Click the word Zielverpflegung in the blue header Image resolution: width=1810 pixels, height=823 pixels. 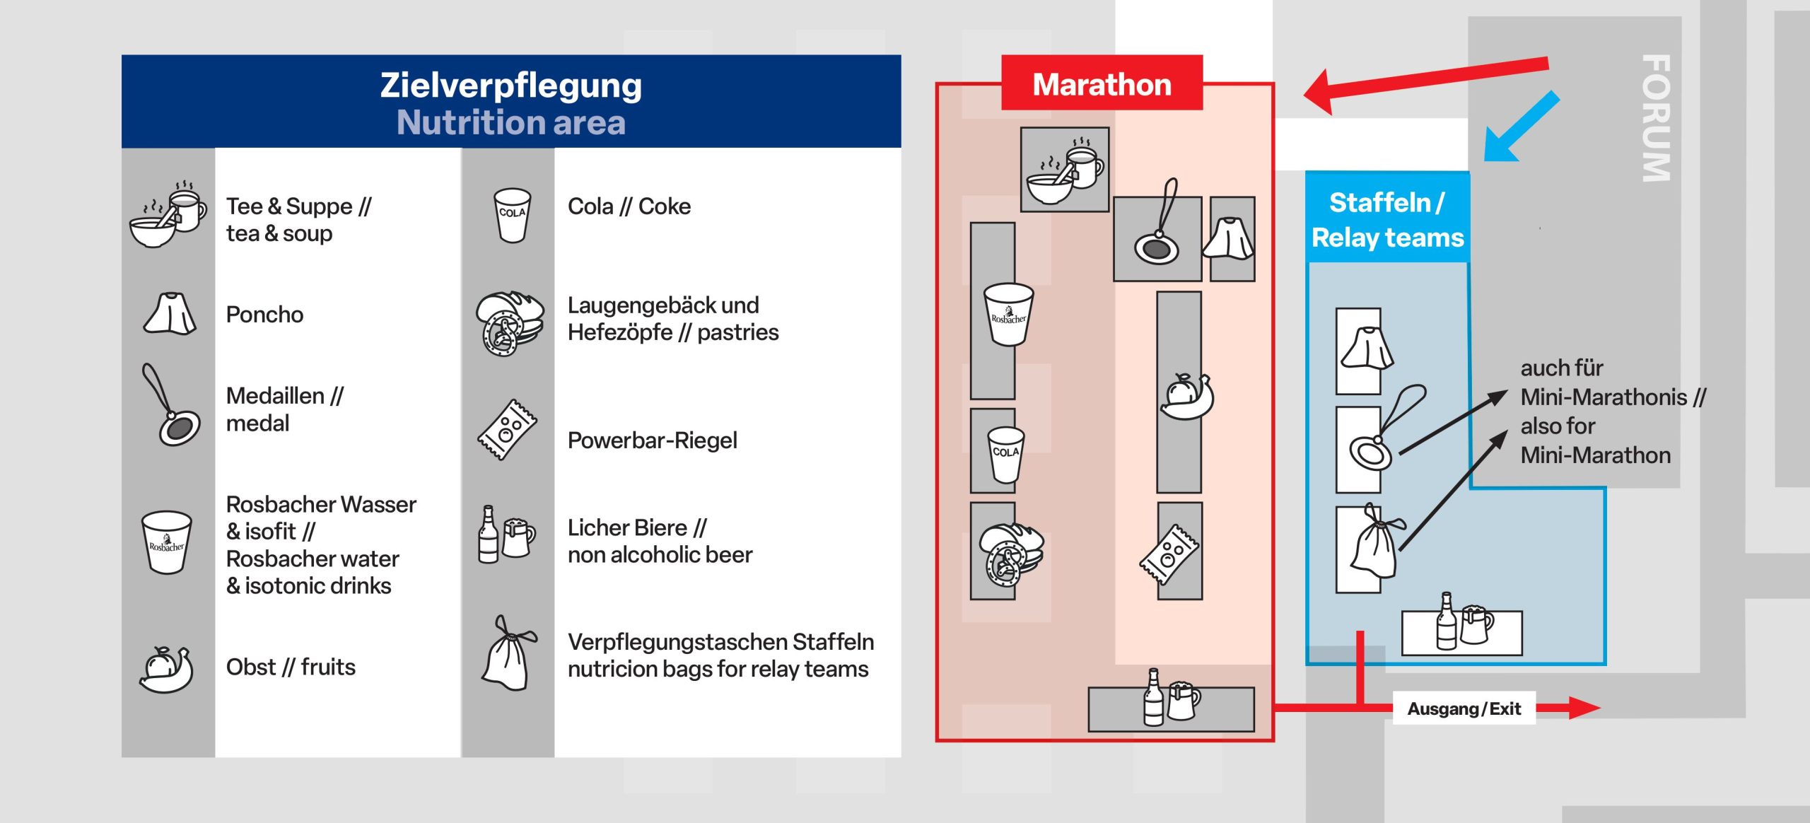[x=510, y=85]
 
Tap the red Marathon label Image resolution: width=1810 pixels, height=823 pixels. [x=1102, y=84]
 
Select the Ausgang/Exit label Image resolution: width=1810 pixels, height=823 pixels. [x=1464, y=708]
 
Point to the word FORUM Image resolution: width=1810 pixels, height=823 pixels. [x=1656, y=118]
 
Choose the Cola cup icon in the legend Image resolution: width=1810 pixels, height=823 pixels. [x=512, y=215]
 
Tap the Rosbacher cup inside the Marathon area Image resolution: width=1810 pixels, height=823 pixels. [x=1008, y=314]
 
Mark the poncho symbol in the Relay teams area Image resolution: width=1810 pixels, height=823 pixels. [x=1367, y=348]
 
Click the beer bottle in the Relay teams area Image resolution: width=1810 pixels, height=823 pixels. [x=1447, y=622]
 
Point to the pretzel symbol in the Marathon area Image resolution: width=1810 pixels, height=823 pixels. [x=1008, y=556]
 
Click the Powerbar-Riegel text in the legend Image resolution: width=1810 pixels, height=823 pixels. [x=652, y=440]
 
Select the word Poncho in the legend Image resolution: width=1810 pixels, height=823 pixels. [x=264, y=315]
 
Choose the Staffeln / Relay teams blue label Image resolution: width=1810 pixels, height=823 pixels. [x=1387, y=220]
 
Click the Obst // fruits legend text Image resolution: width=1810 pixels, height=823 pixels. [x=291, y=667]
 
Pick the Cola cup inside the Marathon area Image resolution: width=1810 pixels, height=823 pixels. [x=1005, y=454]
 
